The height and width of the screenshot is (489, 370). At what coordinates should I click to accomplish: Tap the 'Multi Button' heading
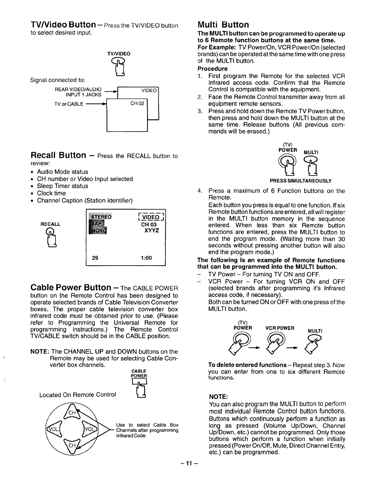223,24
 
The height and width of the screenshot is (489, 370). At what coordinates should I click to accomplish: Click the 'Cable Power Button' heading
71,288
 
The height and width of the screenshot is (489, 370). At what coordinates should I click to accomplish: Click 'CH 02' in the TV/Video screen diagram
137,103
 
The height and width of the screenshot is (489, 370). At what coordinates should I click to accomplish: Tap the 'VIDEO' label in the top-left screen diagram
149,91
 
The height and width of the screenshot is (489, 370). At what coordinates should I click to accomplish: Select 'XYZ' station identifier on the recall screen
152,230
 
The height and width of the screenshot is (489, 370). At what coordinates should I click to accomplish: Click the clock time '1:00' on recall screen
146,258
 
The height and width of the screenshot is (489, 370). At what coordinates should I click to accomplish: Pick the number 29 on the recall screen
95,258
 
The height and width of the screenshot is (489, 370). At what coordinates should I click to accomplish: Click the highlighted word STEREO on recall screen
100,217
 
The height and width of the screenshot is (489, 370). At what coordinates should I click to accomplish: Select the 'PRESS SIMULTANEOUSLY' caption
301,181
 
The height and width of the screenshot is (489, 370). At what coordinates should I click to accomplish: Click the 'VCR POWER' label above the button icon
280,328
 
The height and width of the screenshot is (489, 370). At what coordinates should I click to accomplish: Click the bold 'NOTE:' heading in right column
218,397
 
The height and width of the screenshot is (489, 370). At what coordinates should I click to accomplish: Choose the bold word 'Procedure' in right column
213,69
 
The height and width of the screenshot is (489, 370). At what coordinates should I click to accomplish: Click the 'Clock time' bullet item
51,193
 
